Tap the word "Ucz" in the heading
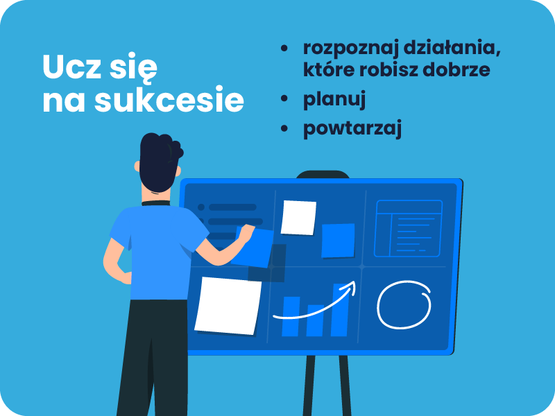click(72, 67)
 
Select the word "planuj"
click(334, 100)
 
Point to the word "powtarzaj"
click(352, 128)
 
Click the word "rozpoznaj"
click(350, 49)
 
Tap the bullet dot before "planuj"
click(284, 98)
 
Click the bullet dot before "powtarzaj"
click(284, 128)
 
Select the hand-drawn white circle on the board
click(378, 304)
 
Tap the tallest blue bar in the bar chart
click(339, 310)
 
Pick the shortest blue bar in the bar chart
click(315, 320)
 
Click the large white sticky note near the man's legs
click(228, 306)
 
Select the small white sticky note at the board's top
click(298, 218)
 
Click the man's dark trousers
click(153, 357)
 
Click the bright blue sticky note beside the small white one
click(338, 241)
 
